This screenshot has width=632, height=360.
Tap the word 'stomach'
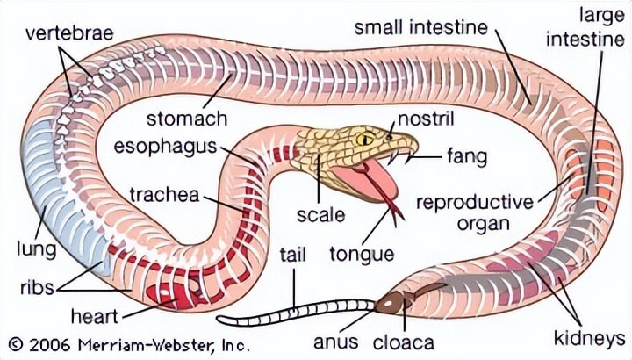point(187,118)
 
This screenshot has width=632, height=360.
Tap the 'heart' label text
point(95,313)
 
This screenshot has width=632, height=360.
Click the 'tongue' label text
point(361,255)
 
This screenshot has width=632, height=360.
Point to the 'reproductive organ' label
point(474,212)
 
